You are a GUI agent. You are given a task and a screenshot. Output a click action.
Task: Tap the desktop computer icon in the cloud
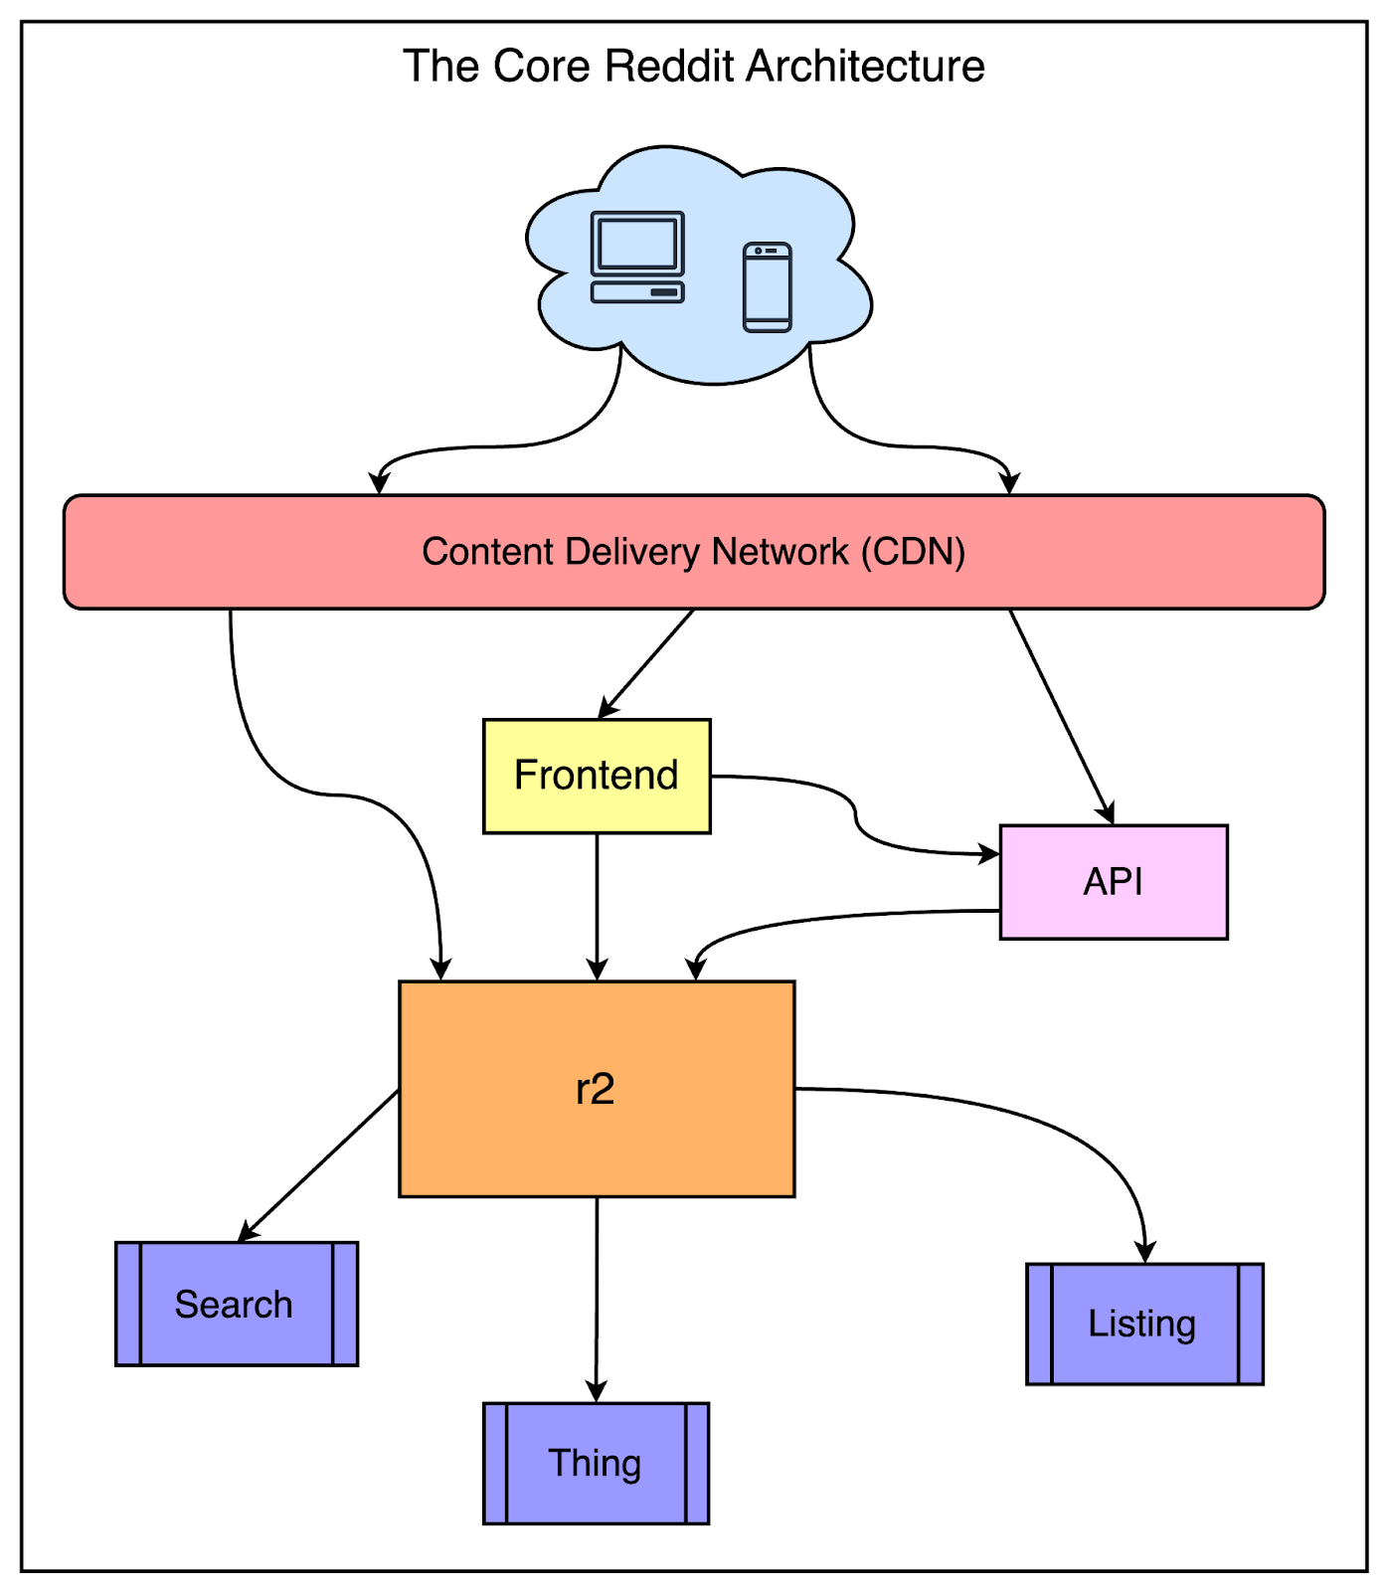point(637,257)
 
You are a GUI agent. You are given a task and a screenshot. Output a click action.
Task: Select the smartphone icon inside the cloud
point(767,287)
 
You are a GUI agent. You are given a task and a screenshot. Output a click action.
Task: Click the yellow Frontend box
point(597,776)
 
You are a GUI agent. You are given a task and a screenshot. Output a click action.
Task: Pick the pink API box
point(1114,882)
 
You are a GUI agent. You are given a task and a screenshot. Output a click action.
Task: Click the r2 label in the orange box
point(596,1089)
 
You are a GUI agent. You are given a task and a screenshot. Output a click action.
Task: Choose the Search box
point(236,1304)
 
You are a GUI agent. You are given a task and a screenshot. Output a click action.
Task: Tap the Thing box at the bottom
point(596,1463)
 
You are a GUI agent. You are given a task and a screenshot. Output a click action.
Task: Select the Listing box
point(1144,1324)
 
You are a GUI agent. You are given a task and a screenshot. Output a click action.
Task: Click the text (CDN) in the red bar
point(913,552)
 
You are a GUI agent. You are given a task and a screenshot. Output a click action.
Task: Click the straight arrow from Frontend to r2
point(597,905)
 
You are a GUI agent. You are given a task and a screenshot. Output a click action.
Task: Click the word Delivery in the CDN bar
point(632,552)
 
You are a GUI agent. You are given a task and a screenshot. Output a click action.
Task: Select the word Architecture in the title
point(865,67)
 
